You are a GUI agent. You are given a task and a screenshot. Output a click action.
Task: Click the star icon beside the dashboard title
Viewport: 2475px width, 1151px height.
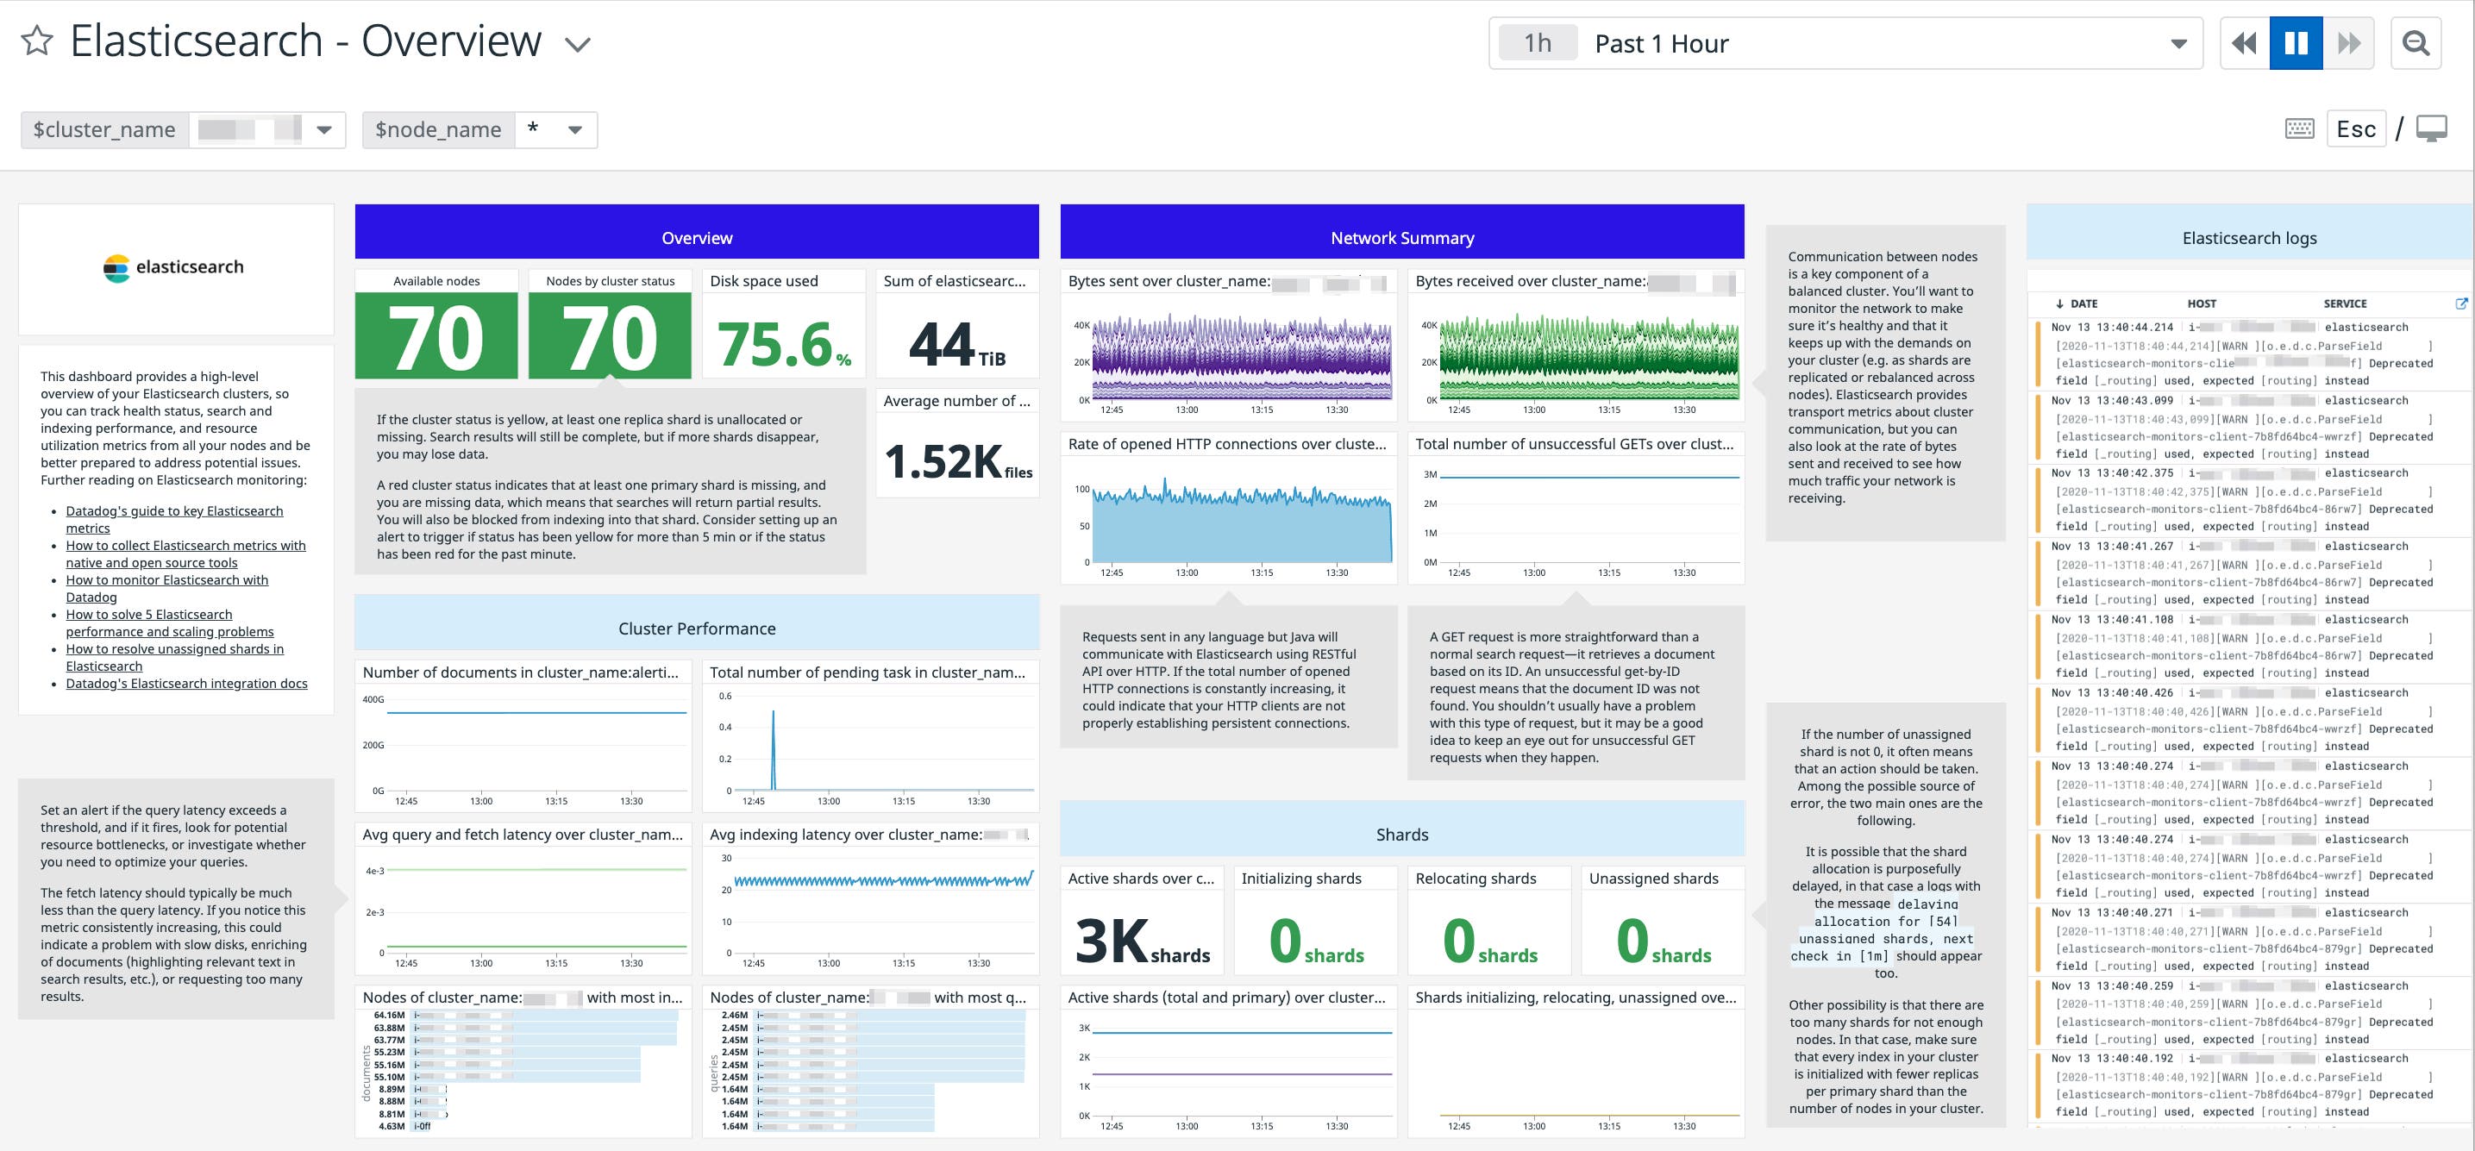pos(36,41)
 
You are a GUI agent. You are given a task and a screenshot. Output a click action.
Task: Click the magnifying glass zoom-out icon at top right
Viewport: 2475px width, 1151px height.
pos(2415,43)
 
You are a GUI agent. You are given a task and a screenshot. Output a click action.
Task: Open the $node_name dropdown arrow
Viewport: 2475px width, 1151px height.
pos(574,129)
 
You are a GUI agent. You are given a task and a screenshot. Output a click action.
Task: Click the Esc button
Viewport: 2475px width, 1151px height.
pos(2356,129)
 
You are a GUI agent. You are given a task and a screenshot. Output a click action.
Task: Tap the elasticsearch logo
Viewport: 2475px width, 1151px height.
pos(174,267)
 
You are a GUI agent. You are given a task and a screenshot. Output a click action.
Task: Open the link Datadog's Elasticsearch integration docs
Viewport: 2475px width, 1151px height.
pos(186,683)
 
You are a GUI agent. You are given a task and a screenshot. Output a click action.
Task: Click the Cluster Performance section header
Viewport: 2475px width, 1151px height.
pos(697,629)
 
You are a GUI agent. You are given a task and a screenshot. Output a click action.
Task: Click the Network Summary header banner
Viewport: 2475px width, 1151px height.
pos(1402,237)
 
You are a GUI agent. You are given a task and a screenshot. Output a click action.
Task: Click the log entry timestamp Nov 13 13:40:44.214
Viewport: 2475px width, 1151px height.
pos(2112,328)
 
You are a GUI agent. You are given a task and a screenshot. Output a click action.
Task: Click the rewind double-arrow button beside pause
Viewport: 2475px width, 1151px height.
pos(2245,43)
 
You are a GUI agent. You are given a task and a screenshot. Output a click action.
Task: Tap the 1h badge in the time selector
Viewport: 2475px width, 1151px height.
pos(1538,43)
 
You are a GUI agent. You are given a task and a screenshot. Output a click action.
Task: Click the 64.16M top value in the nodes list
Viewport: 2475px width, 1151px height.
pos(389,1015)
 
